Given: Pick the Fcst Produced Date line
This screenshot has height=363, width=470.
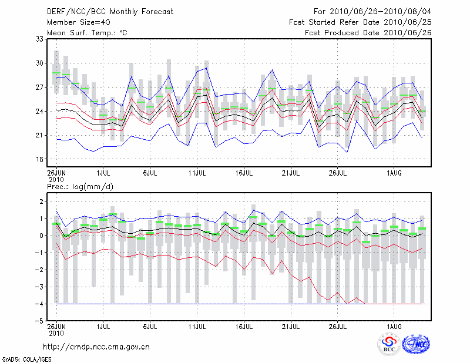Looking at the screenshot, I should (368, 33).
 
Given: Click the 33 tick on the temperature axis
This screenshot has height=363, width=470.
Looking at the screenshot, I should (40, 39).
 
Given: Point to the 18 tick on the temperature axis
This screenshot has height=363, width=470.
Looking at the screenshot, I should (40, 159).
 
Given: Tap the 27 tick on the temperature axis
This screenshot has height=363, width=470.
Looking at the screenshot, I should (40, 87).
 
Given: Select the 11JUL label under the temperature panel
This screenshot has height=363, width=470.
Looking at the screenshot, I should (197, 173).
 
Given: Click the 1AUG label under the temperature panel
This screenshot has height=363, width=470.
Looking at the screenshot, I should (394, 173).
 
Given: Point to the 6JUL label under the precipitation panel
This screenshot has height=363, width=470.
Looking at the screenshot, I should (150, 326).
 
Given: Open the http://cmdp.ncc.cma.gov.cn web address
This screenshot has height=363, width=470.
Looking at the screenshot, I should (96, 347).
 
